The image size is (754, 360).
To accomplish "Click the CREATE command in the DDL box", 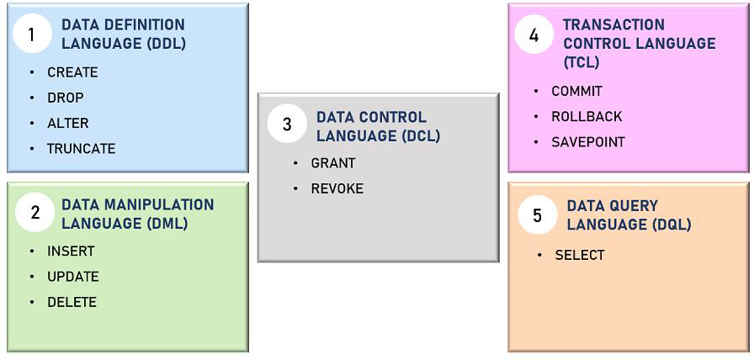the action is [72, 72].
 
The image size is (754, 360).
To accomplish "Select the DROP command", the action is [66, 98].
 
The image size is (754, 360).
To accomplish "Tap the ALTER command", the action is [68, 124].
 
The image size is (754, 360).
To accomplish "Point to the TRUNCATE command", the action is [82, 149].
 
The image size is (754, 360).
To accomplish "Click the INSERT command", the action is [71, 251].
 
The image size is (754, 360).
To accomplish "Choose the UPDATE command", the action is [73, 277].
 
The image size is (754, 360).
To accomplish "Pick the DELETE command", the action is [72, 302].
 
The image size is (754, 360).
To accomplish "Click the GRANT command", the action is [333, 163].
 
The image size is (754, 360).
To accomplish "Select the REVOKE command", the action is [337, 189].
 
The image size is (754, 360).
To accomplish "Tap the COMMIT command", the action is [577, 92].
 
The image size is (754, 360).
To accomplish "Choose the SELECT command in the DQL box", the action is [580, 255].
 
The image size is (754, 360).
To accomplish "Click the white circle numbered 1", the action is [32, 34].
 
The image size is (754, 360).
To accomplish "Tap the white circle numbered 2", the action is [35, 213].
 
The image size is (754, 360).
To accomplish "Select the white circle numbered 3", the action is [287, 124].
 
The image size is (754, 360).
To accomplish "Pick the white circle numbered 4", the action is [534, 34].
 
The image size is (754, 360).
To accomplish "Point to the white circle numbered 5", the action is [538, 214].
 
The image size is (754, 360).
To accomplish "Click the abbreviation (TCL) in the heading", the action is [581, 62].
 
